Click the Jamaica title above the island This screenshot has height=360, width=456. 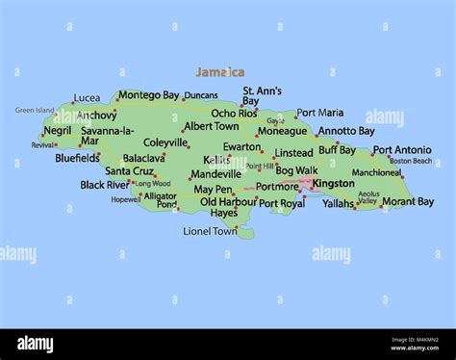tap(219, 72)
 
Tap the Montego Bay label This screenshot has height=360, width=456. tap(149, 95)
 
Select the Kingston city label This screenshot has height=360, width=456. tap(334, 183)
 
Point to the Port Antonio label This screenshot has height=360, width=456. tap(402, 150)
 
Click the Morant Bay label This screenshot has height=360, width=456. tap(409, 202)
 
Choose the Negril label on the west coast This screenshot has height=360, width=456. tap(58, 130)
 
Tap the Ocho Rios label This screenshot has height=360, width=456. tap(235, 114)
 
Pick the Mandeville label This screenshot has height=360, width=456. tap(215, 174)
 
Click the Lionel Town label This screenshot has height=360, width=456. tap(210, 231)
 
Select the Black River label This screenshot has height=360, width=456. tap(104, 185)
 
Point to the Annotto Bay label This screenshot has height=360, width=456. tap(346, 131)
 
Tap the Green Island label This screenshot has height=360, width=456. tap(35, 111)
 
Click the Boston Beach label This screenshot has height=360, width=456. tap(411, 162)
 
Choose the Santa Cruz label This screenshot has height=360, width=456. tap(129, 171)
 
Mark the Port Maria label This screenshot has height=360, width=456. tap(319, 113)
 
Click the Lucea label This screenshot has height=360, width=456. tap(87, 98)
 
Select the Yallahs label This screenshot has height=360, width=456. tap(339, 204)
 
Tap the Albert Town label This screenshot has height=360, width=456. tap(212, 126)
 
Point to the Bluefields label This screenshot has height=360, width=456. tap(77, 158)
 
